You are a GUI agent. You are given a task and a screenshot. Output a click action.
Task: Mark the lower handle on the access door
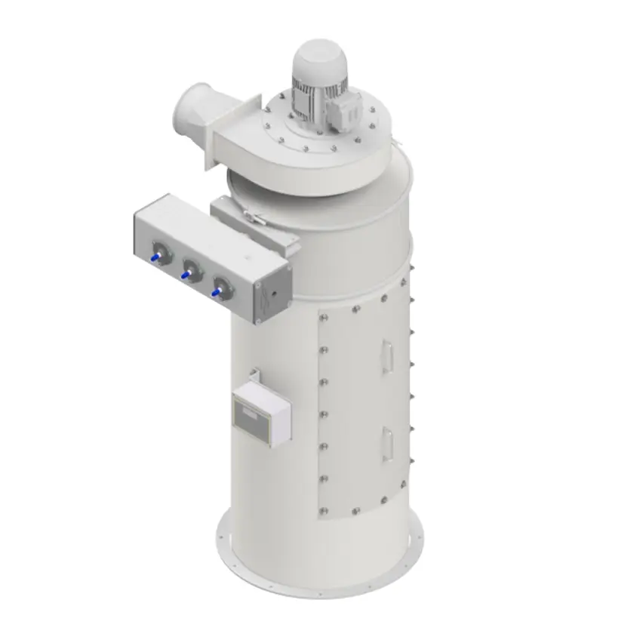coord(386,442)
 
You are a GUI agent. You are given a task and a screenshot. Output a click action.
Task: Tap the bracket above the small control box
coord(256,374)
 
